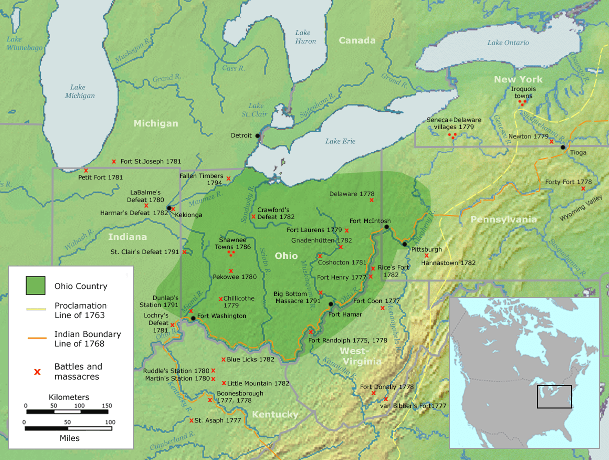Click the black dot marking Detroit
pos(258,135)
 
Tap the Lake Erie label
pos(340,141)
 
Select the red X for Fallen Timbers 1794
pos(228,178)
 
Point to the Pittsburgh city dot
pos(404,244)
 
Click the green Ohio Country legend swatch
pos(36,286)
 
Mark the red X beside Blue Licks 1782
pos(223,359)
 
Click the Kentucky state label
pos(275,414)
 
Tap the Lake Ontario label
pos(508,42)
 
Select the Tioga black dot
pos(562,147)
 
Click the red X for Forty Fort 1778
pos(583,188)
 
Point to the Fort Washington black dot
pos(193,318)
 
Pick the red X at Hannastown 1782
pos(426,255)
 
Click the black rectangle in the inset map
pos(554,396)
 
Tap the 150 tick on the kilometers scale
pos(107,406)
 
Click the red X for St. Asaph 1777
pos(191,420)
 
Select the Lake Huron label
pos(305,37)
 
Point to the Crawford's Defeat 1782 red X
pos(253,216)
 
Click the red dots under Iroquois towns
pos(522,102)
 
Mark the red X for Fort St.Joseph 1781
pos(114,161)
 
